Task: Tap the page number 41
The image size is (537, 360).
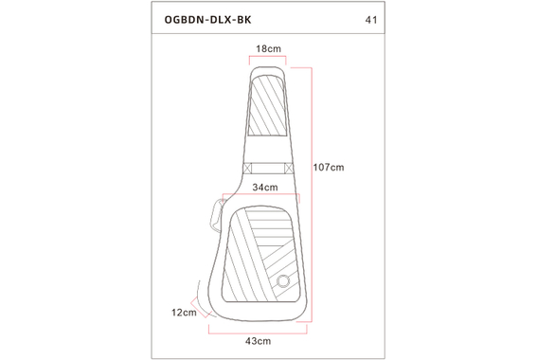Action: click(x=370, y=19)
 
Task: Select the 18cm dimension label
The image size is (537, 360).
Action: click(x=268, y=47)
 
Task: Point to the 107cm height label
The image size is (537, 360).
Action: click(x=329, y=166)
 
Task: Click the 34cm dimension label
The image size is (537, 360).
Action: click(x=264, y=188)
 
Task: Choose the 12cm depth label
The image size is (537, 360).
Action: click(x=184, y=312)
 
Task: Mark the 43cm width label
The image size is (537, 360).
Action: click(x=259, y=339)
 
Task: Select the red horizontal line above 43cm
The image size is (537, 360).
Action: click(x=259, y=327)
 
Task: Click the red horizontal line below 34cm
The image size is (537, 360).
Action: click(x=264, y=197)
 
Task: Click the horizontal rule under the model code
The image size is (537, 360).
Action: click(x=268, y=35)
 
